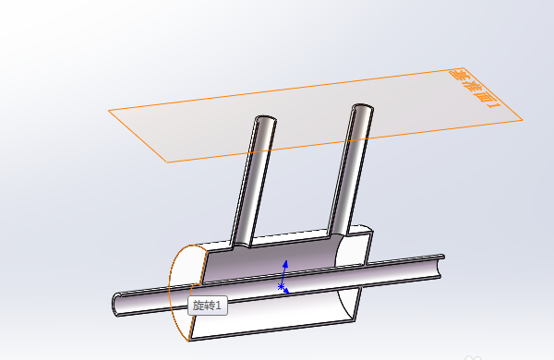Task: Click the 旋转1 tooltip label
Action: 208,306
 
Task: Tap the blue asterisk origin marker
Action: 281,286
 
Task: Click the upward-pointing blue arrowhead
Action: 286,264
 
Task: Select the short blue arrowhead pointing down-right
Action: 286,291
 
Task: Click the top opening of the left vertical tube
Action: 266,119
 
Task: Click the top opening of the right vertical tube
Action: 363,107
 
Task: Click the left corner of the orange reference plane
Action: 109,111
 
